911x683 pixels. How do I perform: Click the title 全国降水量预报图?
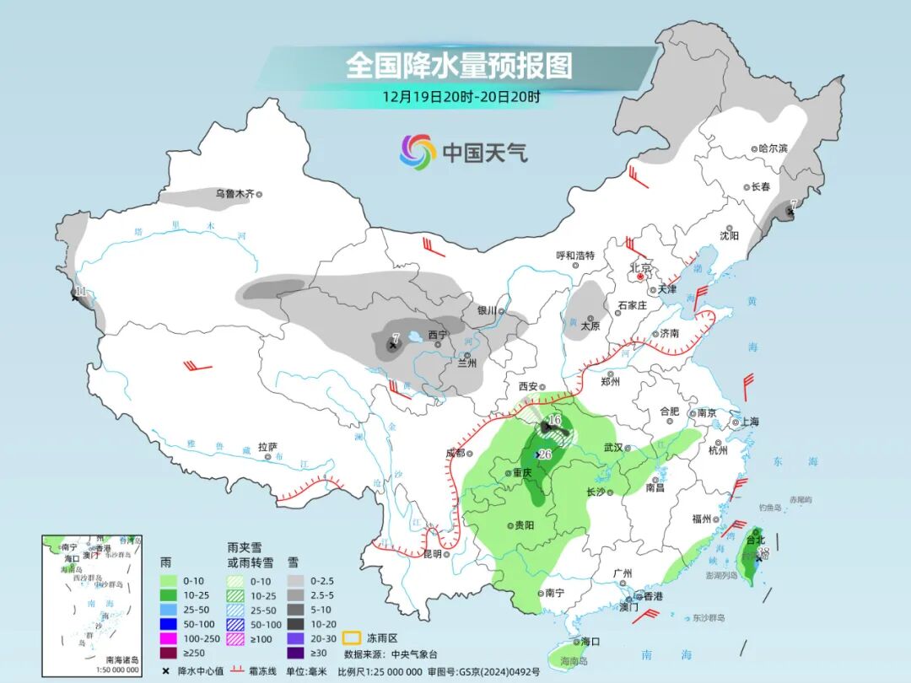[459, 65]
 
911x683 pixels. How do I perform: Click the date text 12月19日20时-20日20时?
[461, 96]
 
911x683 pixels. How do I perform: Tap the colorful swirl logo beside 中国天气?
[418, 152]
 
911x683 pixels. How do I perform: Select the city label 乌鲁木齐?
[234, 194]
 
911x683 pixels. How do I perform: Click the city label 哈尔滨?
[772, 148]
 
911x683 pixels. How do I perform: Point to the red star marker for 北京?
[641, 276]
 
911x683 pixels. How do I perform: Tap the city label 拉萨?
[267, 447]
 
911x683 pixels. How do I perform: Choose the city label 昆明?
[432, 554]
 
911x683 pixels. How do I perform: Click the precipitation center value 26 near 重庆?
[545, 454]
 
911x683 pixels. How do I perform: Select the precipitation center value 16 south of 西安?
[554, 420]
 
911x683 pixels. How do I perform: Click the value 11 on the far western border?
[80, 293]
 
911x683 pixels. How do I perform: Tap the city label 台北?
[755, 540]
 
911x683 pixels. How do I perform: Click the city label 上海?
[749, 422]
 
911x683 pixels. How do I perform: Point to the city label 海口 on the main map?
[590, 642]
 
